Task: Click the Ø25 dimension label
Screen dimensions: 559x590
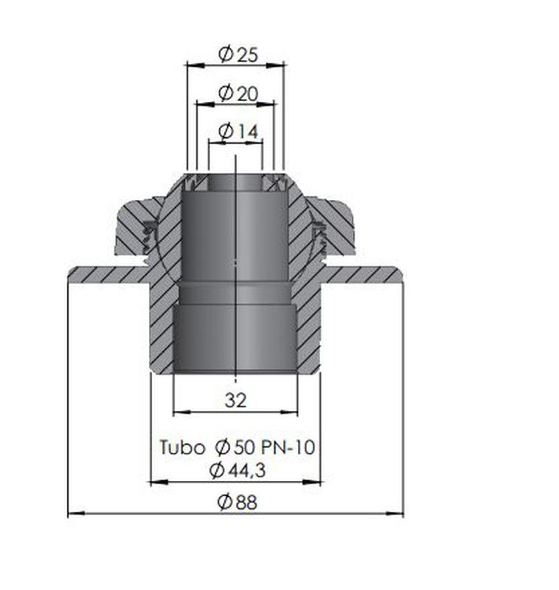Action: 238,55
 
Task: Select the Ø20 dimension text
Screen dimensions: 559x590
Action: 238,93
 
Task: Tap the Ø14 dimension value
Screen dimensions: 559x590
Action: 238,131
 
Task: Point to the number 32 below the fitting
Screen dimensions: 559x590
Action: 235,400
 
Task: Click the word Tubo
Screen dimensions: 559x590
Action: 182,448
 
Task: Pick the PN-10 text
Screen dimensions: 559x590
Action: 288,448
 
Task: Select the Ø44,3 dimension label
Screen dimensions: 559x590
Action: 237,470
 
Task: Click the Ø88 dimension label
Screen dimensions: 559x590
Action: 237,502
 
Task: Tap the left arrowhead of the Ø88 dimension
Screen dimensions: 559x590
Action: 77,513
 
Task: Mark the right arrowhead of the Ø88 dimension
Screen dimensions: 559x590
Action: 395,513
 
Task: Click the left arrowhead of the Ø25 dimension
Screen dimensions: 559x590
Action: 195,65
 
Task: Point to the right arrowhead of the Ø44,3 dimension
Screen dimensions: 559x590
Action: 312,482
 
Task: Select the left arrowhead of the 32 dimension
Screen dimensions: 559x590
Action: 181,412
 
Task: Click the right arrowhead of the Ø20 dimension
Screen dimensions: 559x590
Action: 266,104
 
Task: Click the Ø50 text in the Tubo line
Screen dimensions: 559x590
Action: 236,448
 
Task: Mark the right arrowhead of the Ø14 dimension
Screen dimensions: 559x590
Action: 254,142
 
